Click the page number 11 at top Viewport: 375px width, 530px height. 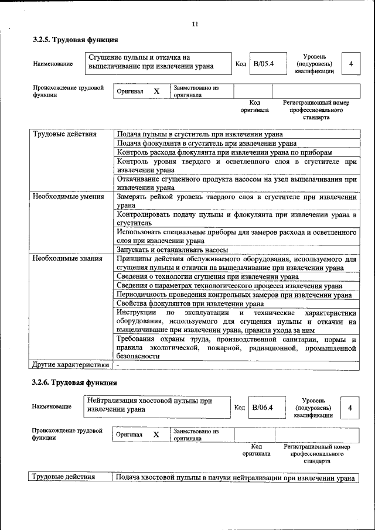pos(195,24)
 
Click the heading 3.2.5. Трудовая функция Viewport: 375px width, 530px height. pos(76,40)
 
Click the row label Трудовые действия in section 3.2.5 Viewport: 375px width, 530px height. pos(65,134)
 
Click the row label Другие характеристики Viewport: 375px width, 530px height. pos(70,364)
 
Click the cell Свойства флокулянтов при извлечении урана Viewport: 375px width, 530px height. pos(189,304)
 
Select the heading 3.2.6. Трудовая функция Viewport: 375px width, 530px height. pos(76,384)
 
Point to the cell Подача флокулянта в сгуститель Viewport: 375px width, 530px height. pos(206,143)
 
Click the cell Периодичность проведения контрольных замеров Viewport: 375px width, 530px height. pos(234,295)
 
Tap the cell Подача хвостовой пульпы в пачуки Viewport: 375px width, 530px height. pos(234,478)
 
